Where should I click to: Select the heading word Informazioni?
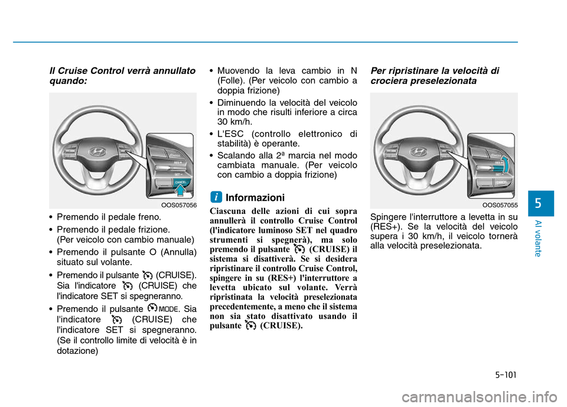click(x=255, y=197)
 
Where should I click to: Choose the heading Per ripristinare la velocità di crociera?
click(x=434, y=76)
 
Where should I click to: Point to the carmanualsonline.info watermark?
click(x=461, y=391)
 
